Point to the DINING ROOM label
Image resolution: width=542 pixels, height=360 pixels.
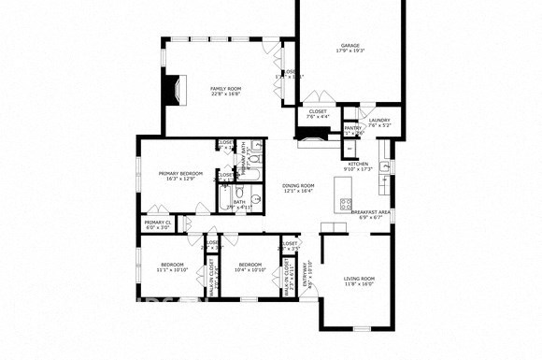coord(298,186)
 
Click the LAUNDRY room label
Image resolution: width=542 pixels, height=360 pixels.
coord(378,120)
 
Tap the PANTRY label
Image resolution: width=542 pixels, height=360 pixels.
coord(352,127)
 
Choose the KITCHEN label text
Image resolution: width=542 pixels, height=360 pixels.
coord(359,165)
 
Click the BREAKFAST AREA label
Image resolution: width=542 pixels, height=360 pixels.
coord(370,211)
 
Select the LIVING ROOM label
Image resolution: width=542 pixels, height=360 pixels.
coord(359,279)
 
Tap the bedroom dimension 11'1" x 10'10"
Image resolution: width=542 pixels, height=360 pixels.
coord(172,269)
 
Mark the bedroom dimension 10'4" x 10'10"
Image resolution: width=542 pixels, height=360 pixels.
coord(250,269)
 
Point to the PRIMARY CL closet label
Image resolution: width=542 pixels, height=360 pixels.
coord(157,223)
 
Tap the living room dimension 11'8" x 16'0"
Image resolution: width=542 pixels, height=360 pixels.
coord(359,284)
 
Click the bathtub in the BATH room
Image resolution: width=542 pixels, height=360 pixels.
coord(229,200)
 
